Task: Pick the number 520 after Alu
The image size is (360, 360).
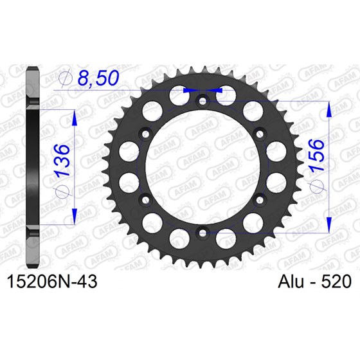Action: click(x=336, y=281)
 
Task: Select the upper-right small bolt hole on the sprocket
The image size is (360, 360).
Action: click(x=258, y=133)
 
